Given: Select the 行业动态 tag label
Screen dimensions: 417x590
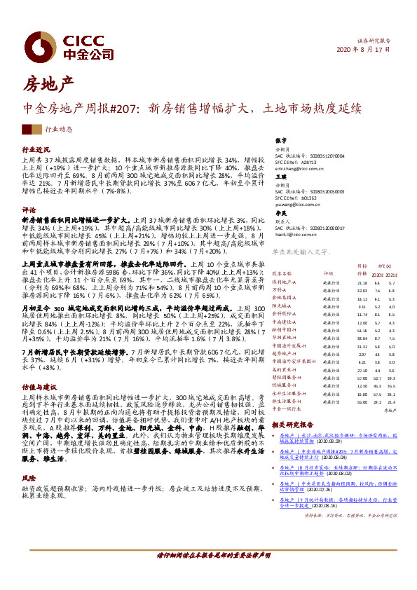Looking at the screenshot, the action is click(x=59, y=130).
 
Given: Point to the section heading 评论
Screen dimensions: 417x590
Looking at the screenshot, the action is click(x=29, y=210).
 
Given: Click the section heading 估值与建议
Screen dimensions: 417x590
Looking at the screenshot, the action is click(x=39, y=385).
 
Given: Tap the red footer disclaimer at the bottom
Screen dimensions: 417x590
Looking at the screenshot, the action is click(x=208, y=574).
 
